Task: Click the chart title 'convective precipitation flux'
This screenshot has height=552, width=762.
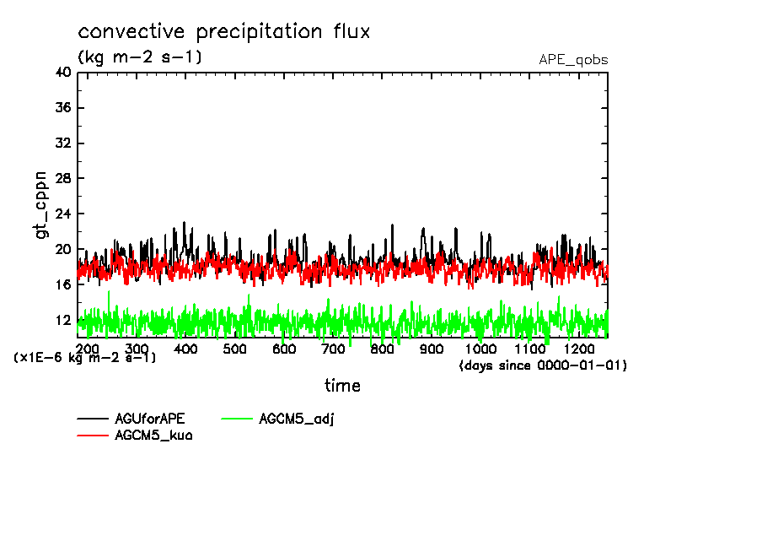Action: point(224,32)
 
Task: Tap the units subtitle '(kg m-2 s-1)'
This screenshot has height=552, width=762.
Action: point(140,57)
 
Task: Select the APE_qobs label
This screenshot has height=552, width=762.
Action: point(573,60)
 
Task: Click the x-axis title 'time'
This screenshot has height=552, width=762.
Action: point(343,386)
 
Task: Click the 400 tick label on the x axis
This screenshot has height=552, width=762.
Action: point(186,349)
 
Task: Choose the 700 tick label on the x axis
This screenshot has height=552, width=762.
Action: point(334,349)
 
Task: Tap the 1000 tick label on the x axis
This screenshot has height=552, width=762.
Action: point(480,349)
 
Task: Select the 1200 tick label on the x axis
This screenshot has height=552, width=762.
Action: point(579,349)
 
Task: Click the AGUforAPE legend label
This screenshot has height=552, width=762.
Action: point(149,419)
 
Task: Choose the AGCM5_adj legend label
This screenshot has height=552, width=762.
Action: point(297,419)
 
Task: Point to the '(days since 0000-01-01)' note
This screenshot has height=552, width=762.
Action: point(544,365)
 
